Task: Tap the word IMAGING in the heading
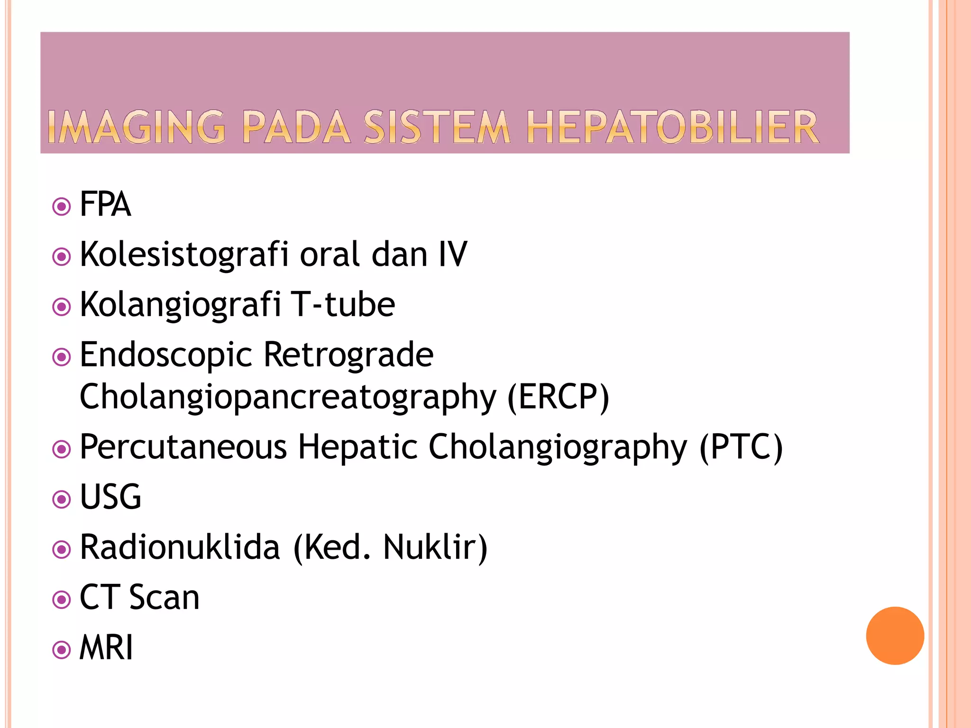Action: [x=137, y=127]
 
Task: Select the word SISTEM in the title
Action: [x=437, y=127]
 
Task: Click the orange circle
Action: [x=895, y=636]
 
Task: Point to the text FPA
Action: [x=105, y=204]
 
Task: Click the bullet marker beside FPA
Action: [x=62, y=207]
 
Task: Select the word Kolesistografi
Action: [x=184, y=255]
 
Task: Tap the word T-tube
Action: [x=343, y=304]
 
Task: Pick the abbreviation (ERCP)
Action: [x=558, y=397]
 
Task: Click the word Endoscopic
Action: [x=165, y=355]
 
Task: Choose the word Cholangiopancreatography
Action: [x=288, y=398]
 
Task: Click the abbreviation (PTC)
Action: [x=741, y=447]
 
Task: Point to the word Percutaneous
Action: [x=183, y=447]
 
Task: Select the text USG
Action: [x=110, y=497]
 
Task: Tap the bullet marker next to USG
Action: [x=62, y=499]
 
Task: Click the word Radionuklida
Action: [x=180, y=547]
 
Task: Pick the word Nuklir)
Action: [x=435, y=547]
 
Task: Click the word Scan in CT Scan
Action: [x=164, y=597]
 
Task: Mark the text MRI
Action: [x=106, y=647]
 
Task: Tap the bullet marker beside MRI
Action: [x=62, y=650]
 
